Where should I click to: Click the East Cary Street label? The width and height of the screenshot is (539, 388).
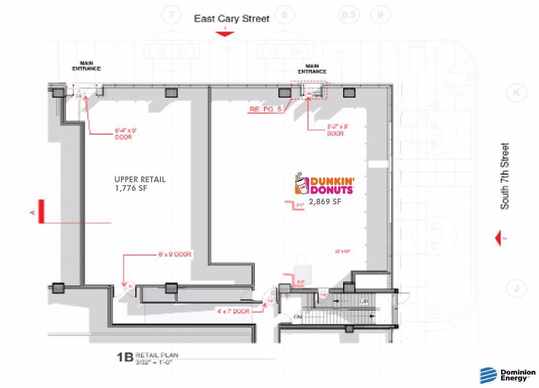(x=231, y=19)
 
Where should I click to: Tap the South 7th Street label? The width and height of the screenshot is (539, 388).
(x=505, y=176)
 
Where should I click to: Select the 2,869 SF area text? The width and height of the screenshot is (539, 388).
(x=325, y=202)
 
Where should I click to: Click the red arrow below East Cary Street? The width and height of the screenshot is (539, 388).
(x=224, y=33)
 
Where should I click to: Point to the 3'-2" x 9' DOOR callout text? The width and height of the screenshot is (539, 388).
(x=337, y=130)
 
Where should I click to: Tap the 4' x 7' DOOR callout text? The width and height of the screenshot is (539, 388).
(x=233, y=311)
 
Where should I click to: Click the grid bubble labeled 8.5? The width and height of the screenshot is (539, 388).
(x=349, y=15)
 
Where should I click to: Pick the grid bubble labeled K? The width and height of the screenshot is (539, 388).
(x=516, y=93)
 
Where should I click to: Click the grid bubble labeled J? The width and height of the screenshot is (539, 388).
(x=516, y=288)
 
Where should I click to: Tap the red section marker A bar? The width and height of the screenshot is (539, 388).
(x=42, y=212)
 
